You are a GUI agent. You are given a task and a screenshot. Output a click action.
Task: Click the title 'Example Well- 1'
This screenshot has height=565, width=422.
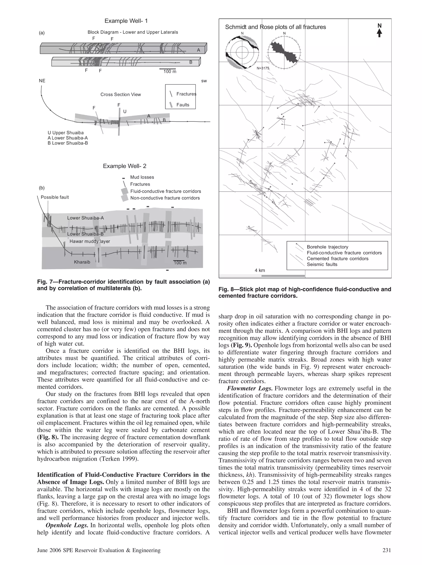pyautogui.click(x=126, y=21)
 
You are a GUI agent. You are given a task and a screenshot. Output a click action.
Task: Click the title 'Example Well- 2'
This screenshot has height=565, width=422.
pyautogui.click(x=125, y=166)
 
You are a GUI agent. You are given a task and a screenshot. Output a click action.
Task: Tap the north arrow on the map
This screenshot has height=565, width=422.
pyautogui.click(x=379, y=30)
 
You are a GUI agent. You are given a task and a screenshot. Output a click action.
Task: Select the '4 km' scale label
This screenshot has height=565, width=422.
pyautogui.click(x=260, y=270)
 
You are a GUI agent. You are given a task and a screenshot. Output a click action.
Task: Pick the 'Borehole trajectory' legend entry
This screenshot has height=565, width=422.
pyautogui.click(x=327, y=247)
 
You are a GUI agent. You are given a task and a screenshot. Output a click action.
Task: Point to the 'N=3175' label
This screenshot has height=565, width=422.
pyautogui.click(x=263, y=68)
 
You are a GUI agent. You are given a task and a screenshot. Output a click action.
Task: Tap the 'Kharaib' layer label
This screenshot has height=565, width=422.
pyautogui.click(x=82, y=262)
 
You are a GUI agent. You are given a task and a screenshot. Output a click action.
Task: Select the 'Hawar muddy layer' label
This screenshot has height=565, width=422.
pyautogui.click(x=90, y=241)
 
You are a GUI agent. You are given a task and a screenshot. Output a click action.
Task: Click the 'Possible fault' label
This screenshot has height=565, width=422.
pyautogui.click(x=55, y=197)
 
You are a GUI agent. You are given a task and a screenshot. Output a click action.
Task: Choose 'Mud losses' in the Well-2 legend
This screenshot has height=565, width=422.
pyautogui.click(x=142, y=177)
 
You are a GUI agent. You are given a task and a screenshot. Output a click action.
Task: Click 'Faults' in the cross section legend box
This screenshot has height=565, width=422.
pyautogui.click(x=183, y=105)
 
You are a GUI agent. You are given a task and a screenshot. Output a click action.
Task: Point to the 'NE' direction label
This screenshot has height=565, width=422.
pyautogui.click(x=42, y=81)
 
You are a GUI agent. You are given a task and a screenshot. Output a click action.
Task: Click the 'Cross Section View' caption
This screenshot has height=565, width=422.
pyautogui.click(x=121, y=94)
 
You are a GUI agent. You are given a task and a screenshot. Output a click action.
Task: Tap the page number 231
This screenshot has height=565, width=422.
pyautogui.click(x=387, y=550)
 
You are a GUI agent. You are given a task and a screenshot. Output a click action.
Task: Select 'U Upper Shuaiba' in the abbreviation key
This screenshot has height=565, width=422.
pyautogui.click(x=66, y=133)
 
